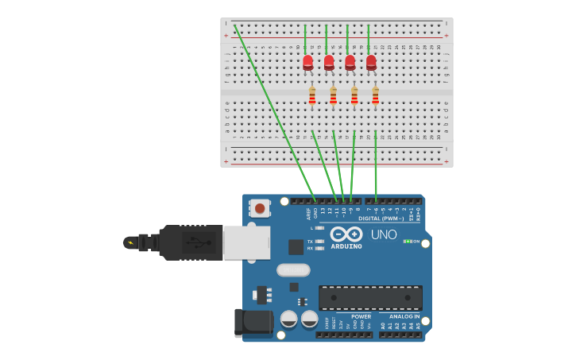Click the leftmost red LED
point(307,62)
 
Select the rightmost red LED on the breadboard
point(371,62)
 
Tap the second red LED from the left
point(329,62)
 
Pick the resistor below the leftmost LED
point(312,95)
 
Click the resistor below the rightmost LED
point(375,95)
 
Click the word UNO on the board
point(384,234)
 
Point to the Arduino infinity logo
point(346,234)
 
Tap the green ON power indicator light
point(406,241)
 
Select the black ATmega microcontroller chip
point(370,298)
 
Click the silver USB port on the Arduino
point(246,242)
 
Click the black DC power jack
point(253,323)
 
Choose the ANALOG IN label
point(405,316)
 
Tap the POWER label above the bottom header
point(361,316)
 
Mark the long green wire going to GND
point(274,111)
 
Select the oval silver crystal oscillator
point(293,270)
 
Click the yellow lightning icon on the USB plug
point(130,243)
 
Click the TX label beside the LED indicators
point(310,242)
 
